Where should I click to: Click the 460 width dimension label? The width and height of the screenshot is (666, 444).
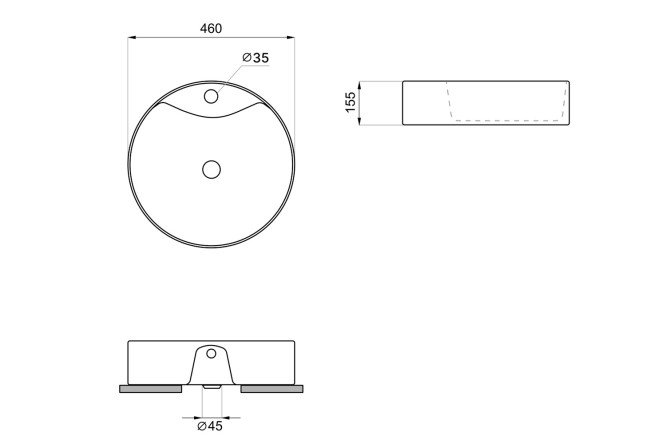tap(211, 28)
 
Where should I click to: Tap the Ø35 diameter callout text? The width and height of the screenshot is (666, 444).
tap(256, 58)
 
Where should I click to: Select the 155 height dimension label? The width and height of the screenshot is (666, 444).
tap(350, 102)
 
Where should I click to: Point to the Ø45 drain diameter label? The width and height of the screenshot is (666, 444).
tap(210, 426)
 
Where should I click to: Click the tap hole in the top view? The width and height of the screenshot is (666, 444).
tap(211, 96)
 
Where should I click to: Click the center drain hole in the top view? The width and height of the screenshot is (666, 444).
tap(211, 170)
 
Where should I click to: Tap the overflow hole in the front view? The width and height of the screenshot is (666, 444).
tap(211, 353)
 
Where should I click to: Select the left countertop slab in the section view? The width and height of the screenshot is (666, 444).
tap(150, 389)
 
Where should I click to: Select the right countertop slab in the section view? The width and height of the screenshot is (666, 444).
tap(272, 389)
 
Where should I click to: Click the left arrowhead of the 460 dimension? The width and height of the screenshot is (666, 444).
tap(132, 38)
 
